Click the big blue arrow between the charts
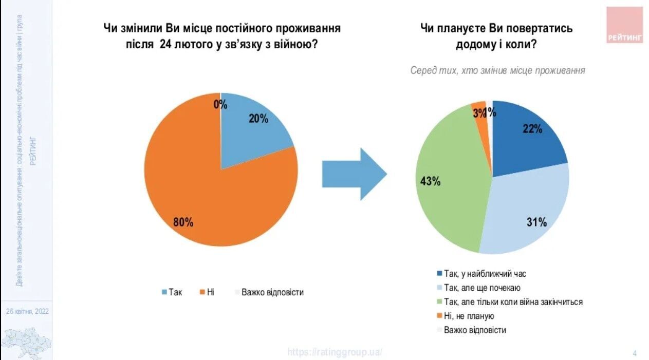pos(354,174)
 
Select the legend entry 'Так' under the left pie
pos(172,292)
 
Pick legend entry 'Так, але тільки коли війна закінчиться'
pos(509,302)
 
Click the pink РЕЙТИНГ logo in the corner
pos(624,25)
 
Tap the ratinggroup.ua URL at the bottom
pos(335,352)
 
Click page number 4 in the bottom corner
pos(635,353)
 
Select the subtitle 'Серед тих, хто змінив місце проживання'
pos(497,70)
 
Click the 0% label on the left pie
pos(221,105)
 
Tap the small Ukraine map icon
pos(27,340)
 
